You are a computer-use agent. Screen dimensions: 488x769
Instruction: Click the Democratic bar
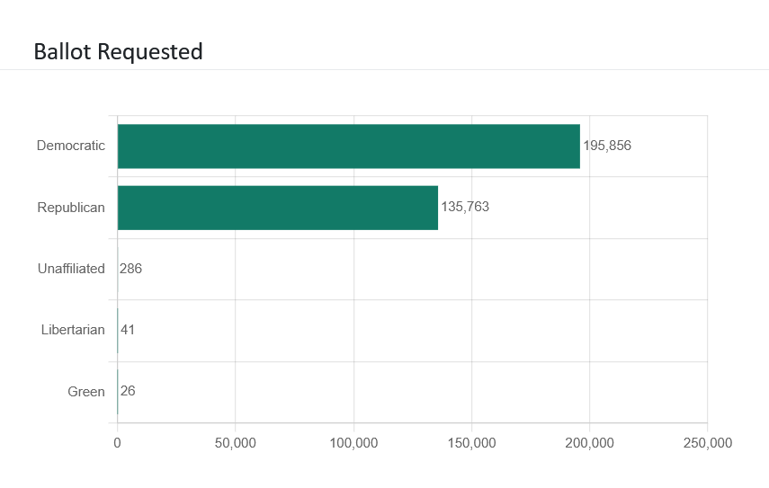(349, 146)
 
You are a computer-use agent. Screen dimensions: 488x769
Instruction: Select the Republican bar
(278, 208)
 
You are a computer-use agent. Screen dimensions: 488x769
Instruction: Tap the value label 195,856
(607, 146)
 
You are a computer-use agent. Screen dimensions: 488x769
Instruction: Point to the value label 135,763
(465, 208)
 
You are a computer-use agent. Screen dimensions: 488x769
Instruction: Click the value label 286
(130, 269)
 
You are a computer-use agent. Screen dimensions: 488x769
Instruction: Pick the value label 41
(128, 330)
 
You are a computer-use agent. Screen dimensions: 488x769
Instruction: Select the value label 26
(128, 391)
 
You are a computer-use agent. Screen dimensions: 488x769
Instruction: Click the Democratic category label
(71, 146)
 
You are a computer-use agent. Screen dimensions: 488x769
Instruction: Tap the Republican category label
(71, 208)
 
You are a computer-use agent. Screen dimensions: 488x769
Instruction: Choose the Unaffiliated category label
(71, 269)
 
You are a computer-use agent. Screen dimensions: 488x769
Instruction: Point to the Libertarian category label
(73, 330)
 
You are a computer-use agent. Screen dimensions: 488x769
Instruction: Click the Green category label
(86, 392)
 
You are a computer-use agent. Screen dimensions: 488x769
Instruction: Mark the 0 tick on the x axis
(117, 443)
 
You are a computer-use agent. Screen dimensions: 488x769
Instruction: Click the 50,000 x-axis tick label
(236, 443)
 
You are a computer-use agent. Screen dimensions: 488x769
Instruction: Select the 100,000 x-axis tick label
(353, 443)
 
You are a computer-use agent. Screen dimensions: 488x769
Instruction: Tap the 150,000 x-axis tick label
(471, 443)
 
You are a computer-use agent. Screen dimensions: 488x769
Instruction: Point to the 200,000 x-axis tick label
(590, 443)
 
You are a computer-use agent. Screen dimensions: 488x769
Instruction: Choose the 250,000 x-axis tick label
(707, 443)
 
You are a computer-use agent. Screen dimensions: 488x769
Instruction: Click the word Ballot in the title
(62, 51)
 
